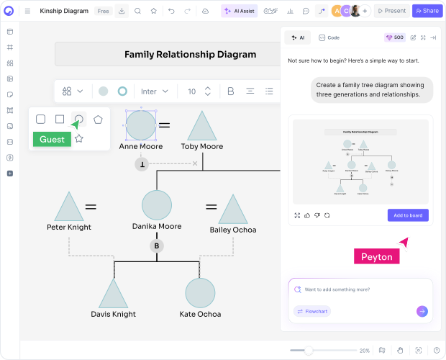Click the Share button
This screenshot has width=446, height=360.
click(x=427, y=11)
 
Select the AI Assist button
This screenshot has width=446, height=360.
click(x=237, y=11)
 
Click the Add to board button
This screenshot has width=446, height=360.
click(x=408, y=215)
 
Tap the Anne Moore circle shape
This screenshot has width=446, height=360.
click(x=140, y=125)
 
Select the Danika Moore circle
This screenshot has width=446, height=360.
click(x=157, y=205)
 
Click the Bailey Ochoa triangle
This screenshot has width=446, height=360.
click(x=233, y=210)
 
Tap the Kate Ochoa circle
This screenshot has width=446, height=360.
click(x=200, y=292)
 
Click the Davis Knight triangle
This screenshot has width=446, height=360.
click(x=114, y=294)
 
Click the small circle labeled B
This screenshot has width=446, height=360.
click(x=156, y=246)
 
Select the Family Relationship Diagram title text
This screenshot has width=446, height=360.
click(x=190, y=54)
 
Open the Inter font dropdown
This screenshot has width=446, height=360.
click(x=155, y=91)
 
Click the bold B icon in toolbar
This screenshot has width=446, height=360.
click(x=231, y=91)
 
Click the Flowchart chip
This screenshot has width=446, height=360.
click(x=312, y=311)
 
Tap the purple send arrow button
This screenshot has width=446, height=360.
click(x=422, y=311)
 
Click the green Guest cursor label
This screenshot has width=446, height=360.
click(x=52, y=140)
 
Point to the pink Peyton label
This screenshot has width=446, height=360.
click(x=377, y=257)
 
